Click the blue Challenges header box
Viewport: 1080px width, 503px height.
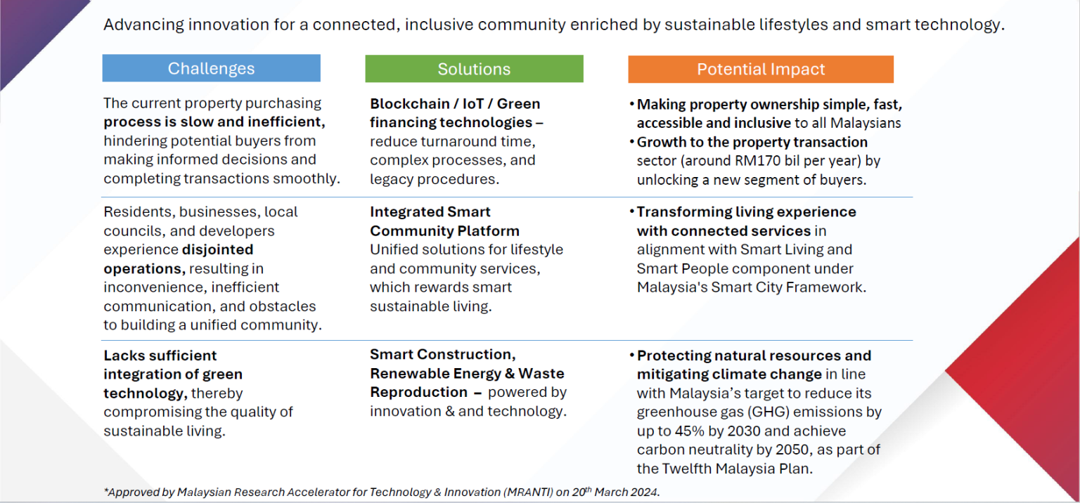pos(211,68)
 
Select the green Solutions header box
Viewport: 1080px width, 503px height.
pos(474,69)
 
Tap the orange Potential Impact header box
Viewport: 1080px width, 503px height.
pos(761,70)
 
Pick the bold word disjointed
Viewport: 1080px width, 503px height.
pos(217,249)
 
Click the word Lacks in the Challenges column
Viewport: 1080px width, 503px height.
pos(124,355)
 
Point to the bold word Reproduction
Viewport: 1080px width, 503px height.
pos(418,392)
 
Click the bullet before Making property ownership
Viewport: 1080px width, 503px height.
pos(631,105)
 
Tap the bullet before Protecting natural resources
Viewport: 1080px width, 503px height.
pos(631,355)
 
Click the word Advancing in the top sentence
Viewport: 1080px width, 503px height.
pos(143,25)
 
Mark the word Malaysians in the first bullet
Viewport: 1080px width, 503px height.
pos(866,124)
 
